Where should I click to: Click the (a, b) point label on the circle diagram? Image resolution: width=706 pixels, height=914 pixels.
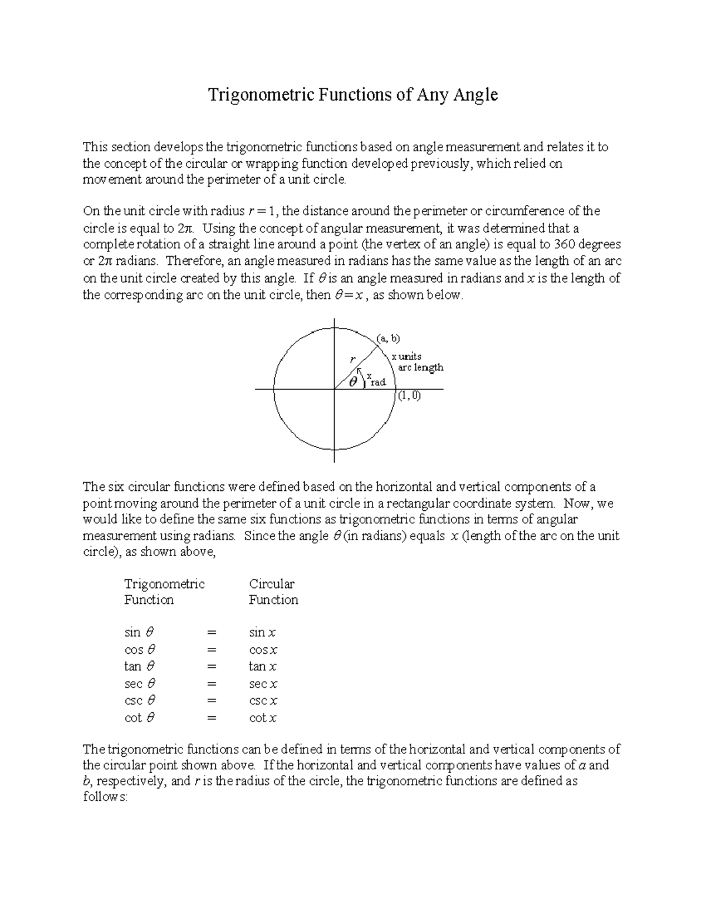(388, 338)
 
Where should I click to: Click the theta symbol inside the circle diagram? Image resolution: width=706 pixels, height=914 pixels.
(353, 381)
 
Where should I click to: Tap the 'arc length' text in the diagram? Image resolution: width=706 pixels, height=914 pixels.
(421, 368)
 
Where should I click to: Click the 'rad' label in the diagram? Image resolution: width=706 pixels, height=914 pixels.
(378, 383)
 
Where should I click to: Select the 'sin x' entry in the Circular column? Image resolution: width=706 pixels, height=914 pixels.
(262, 633)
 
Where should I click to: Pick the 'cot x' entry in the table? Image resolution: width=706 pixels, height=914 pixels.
(262, 718)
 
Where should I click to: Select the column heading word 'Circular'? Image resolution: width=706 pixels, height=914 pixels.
(272, 584)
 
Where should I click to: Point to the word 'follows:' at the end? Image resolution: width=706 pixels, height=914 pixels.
(105, 797)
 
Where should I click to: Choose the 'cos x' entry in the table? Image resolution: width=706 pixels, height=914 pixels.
(263, 650)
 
